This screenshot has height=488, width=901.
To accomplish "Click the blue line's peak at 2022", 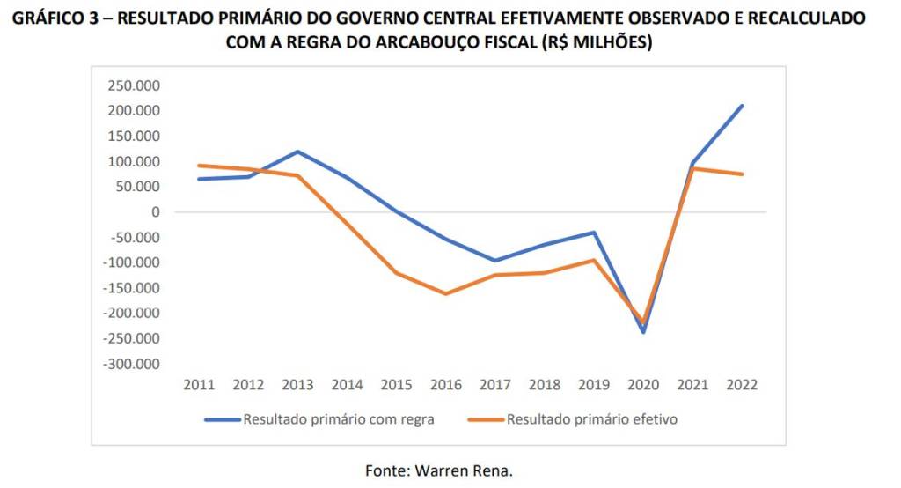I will pyautogui.click(x=742, y=106).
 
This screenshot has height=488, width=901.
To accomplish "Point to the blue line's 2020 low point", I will pyautogui.click(x=643, y=332).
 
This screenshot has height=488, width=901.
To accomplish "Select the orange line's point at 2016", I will pyautogui.click(x=445, y=293).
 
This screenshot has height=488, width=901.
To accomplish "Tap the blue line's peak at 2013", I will pyautogui.click(x=297, y=152).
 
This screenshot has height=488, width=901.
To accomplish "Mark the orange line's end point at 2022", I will pyautogui.click(x=742, y=174).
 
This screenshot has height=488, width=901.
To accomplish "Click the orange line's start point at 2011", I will pyautogui.click(x=199, y=166).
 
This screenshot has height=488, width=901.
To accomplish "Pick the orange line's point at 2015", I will pyautogui.click(x=396, y=273).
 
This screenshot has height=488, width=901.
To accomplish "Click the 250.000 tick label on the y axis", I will pyautogui.click(x=134, y=85).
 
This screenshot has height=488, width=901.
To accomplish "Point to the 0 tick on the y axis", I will pyautogui.click(x=156, y=212).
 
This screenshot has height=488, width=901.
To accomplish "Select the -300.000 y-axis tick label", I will pyautogui.click(x=131, y=364).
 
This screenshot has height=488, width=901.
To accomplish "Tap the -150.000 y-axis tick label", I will pyautogui.click(x=131, y=288).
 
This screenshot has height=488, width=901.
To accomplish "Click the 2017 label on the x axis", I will pyautogui.click(x=494, y=385).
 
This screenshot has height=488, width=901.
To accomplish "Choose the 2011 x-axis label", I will pyautogui.click(x=199, y=385).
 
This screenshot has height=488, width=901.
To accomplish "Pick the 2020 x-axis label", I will pyautogui.click(x=643, y=385).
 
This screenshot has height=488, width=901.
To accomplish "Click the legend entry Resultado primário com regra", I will pyautogui.click(x=339, y=419).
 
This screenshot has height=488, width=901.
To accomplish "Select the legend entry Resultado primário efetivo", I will pyautogui.click(x=592, y=419).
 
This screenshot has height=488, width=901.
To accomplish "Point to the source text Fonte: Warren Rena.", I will pyautogui.click(x=439, y=470).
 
